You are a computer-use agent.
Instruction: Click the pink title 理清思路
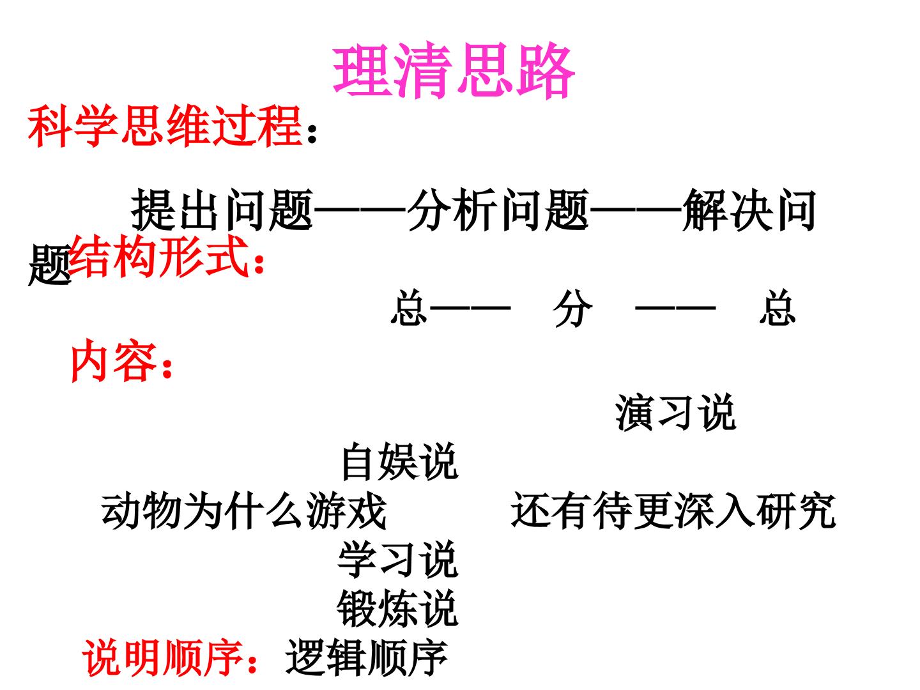click(453, 70)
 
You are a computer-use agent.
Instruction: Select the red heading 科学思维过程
click(165, 126)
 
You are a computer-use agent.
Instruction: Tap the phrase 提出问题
click(222, 210)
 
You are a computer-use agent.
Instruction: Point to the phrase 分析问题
click(498, 210)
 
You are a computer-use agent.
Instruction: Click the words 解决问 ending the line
click(749, 210)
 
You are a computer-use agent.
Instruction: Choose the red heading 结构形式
click(159, 256)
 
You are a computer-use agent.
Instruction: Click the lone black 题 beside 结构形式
click(49, 265)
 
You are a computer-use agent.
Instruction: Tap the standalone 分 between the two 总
click(572, 308)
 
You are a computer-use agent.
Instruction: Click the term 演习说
click(675, 413)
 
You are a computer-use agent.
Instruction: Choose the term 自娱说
click(399, 461)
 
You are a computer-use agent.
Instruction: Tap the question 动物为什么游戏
click(243, 510)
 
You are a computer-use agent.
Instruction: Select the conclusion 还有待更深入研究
click(673, 510)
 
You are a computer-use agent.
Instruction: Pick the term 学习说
click(398, 560)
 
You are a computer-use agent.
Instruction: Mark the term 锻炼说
click(398, 609)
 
